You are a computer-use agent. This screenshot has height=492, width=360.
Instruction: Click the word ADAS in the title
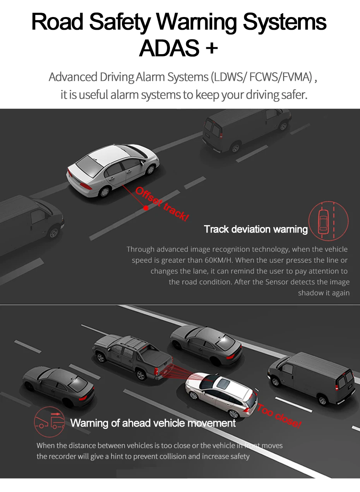click(x=168, y=48)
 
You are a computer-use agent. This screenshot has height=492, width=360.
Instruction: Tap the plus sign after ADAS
click(x=212, y=48)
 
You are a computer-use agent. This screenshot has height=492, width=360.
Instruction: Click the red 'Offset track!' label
click(x=162, y=203)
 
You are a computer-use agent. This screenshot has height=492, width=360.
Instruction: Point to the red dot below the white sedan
click(x=146, y=208)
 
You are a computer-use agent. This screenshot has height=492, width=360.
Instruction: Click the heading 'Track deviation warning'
click(x=255, y=229)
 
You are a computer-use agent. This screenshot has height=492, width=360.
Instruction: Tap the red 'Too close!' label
click(x=279, y=416)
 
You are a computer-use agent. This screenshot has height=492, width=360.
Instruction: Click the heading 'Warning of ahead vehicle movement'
click(x=153, y=423)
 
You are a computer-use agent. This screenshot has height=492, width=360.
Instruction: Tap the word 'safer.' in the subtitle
click(x=295, y=94)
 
